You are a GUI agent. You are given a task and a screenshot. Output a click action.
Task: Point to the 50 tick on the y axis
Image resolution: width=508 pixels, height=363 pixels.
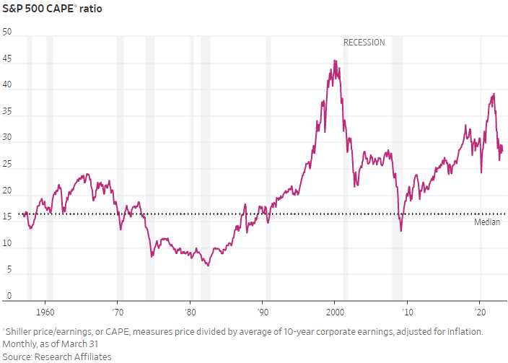[7, 32]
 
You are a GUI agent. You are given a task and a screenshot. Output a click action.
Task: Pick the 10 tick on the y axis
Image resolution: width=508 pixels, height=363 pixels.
[7, 244]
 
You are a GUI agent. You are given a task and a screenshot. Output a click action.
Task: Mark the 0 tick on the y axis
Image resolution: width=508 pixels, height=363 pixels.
[9, 296]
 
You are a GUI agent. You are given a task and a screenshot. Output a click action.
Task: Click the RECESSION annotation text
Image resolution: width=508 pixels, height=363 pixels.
[364, 43]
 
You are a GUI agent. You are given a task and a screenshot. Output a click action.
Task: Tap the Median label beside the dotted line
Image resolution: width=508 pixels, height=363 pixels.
[487, 222]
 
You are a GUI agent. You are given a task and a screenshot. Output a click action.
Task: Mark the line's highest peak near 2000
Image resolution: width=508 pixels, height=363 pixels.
[334, 61]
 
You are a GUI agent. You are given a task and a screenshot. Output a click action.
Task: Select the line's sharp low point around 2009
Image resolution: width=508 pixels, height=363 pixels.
[400, 231]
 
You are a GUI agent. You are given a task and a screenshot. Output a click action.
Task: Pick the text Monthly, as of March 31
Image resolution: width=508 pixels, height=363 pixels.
[52, 344]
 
